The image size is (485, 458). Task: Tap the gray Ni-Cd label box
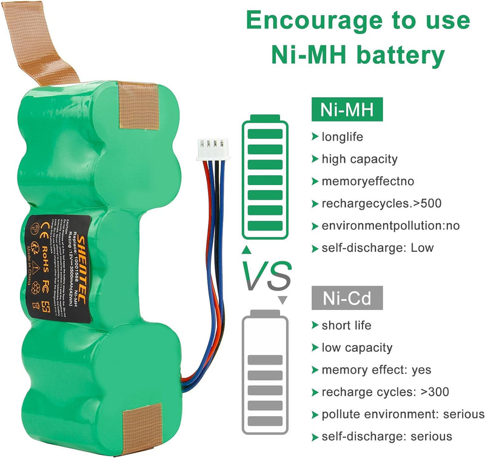(347, 297)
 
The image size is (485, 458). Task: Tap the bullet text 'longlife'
(342, 137)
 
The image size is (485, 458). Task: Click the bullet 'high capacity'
(359, 159)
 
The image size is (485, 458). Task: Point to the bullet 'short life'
(346, 325)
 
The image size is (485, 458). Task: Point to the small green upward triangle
(246, 249)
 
